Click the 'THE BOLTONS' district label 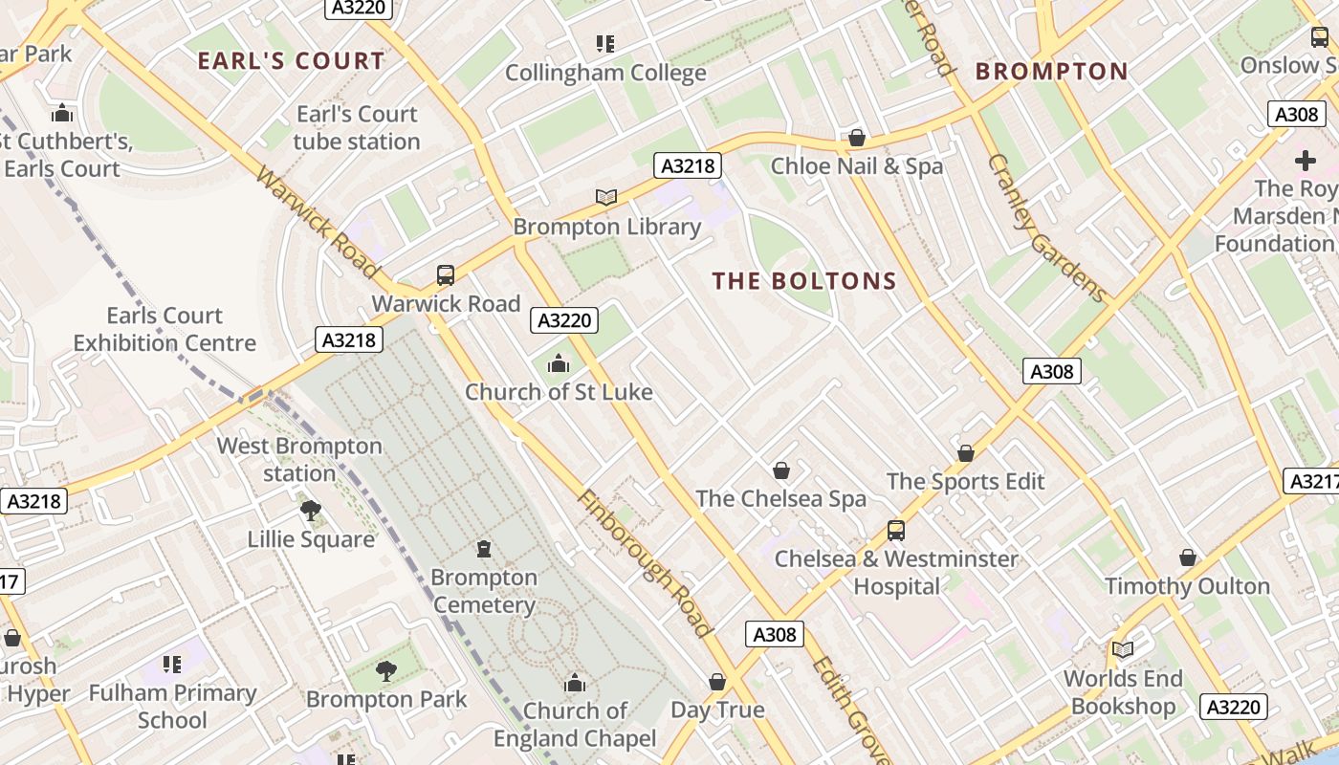coord(804,281)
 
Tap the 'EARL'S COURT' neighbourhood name coord(291,61)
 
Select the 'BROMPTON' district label coord(1051,72)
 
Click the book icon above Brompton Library coord(606,197)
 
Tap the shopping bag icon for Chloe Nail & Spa coord(857,138)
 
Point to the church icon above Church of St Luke coord(559,363)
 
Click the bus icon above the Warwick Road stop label coord(446,275)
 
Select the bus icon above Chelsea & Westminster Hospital coord(896,530)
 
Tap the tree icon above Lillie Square coord(310,511)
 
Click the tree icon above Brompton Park coord(385,670)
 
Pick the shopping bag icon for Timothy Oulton coord(1188,557)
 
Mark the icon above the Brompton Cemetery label coord(484,549)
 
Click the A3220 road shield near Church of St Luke coord(564,320)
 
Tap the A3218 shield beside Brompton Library coord(687,165)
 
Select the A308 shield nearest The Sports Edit coord(1052,371)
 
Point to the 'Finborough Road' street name coord(646,564)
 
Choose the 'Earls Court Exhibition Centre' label coord(165,329)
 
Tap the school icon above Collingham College coord(604,43)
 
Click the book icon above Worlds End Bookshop coord(1123,650)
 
